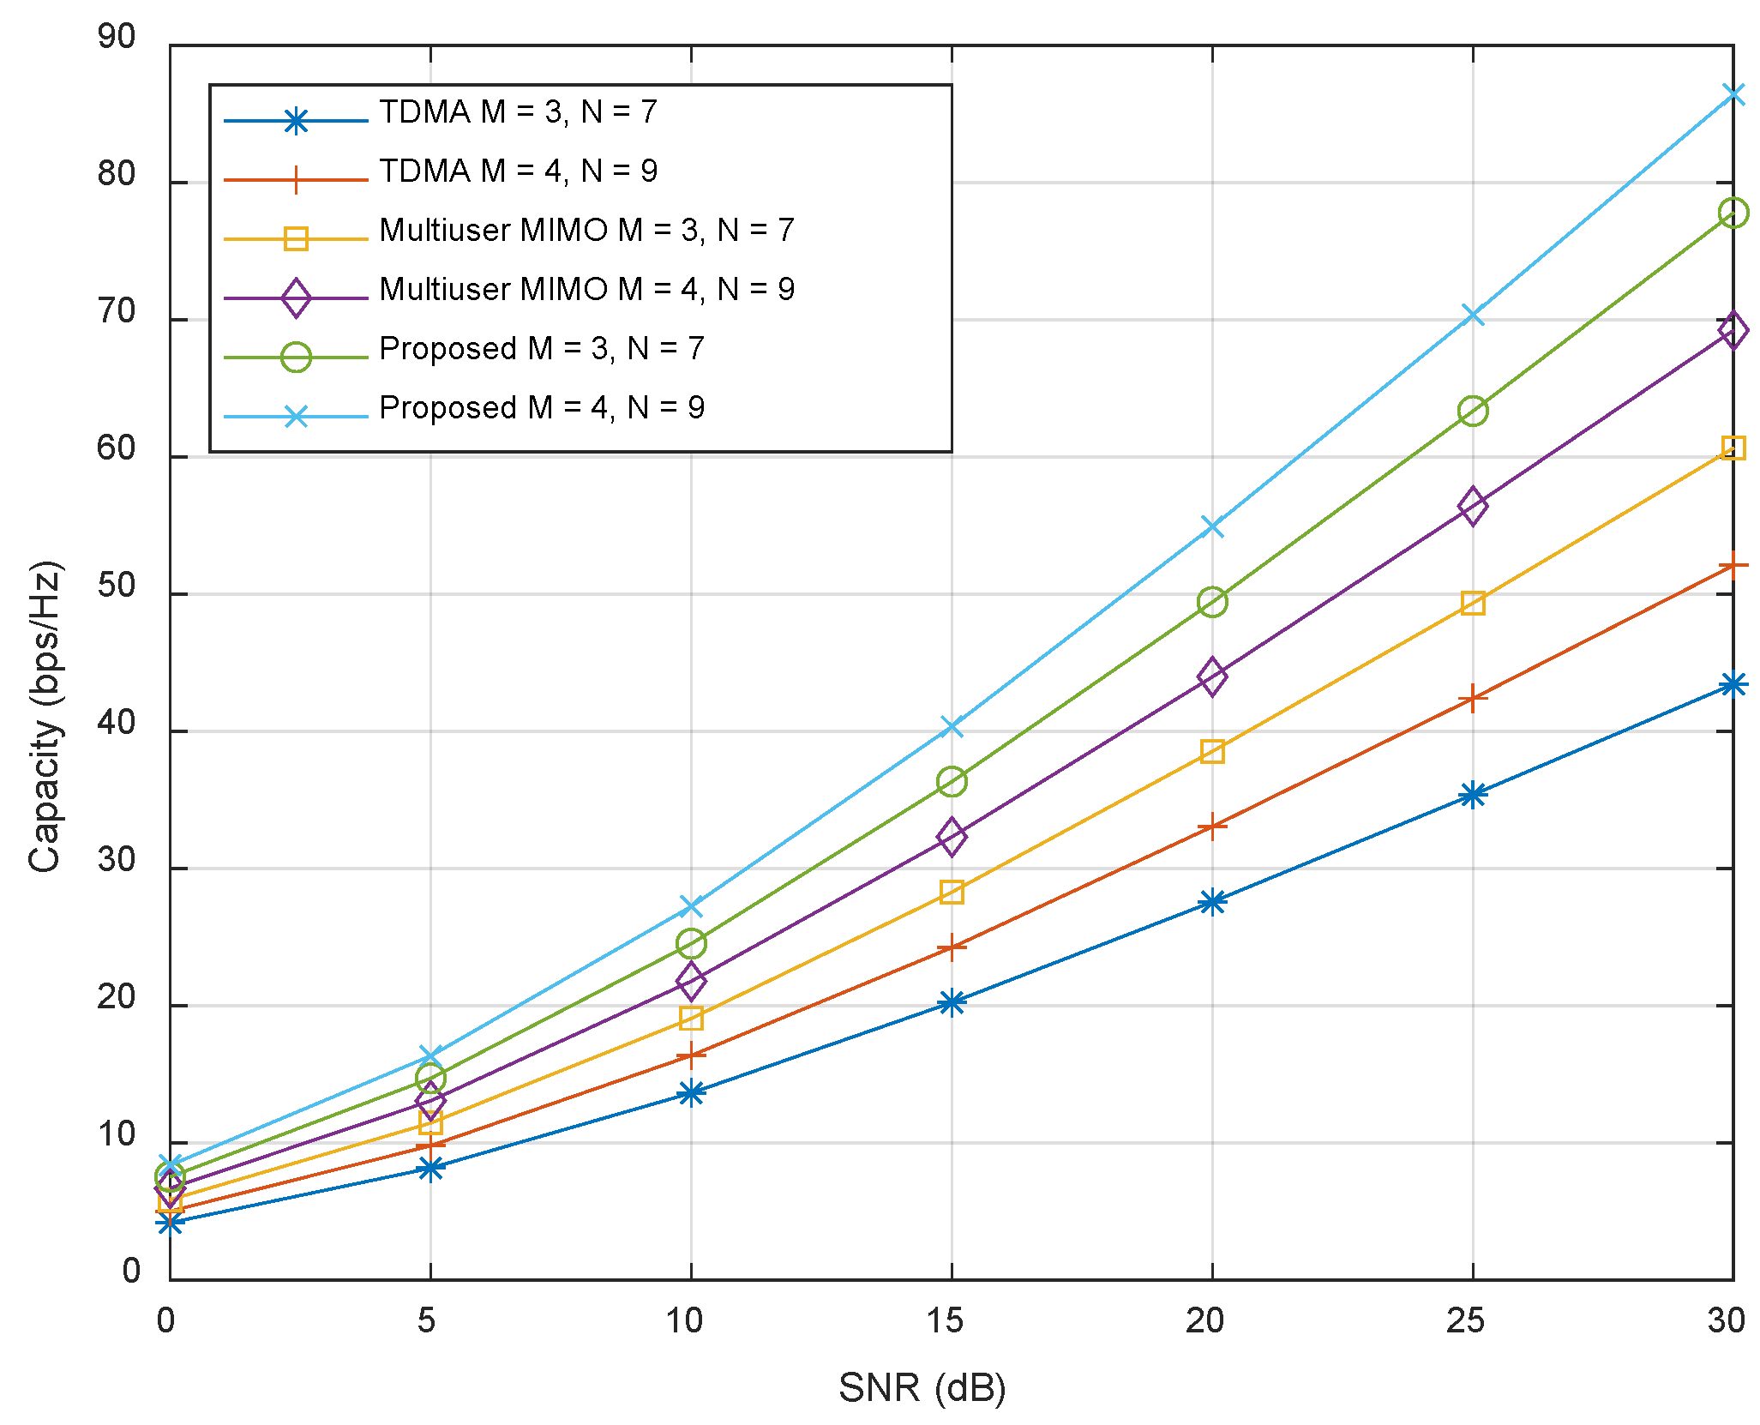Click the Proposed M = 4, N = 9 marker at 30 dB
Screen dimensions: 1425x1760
[x=1733, y=94]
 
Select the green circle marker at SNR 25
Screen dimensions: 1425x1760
[x=1472, y=412]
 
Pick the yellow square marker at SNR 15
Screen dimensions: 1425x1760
[x=951, y=893]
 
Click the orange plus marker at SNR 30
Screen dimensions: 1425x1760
[x=1733, y=566]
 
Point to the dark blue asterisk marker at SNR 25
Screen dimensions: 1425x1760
[x=1472, y=795]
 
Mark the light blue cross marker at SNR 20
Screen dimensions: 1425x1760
[x=1211, y=526]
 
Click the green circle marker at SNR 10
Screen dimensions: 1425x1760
[x=691, y=944]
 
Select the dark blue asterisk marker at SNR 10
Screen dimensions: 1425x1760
[x=691, y=1092]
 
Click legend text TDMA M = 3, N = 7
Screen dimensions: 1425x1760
[x=518, y=112]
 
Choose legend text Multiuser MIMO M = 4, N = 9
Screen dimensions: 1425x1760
[x=586, y=290]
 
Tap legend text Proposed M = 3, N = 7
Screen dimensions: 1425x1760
[x=541, y=349]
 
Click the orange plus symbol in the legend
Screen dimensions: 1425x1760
[x=296, y=180]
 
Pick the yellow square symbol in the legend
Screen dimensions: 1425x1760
[x=296, y=238]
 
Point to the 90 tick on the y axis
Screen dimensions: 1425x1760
[x=117, y=38]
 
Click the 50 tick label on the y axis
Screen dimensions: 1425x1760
[x=117, y=586]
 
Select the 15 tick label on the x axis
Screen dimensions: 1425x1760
[x=945, y=1320]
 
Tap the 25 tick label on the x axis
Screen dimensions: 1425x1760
[x=1465, y=1320]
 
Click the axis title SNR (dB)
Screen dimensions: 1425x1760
[x=922, y=1387]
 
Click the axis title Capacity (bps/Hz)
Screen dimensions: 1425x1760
[x=45, y=716]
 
